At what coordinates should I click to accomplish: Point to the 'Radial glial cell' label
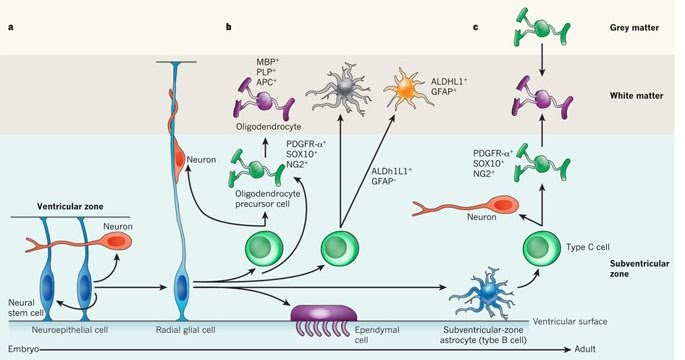(x=182, y=328)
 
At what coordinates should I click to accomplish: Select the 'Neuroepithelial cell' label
(x=57, y=328)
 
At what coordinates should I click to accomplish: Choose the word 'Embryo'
(x=23, y=351)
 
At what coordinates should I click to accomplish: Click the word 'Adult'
(x=660, y=351)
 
